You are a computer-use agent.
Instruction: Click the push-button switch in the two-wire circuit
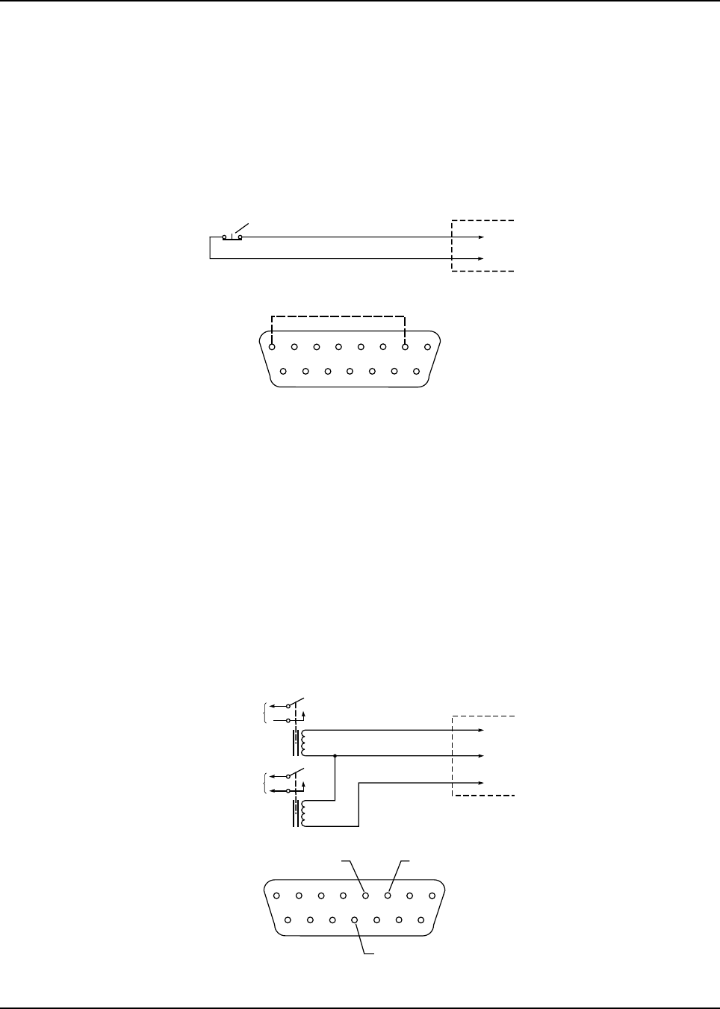[232, 237]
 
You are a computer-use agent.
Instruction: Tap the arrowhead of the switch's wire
[481, 237]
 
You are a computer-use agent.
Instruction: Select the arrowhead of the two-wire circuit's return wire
[481, 259]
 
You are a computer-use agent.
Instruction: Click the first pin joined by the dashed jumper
[272, 346]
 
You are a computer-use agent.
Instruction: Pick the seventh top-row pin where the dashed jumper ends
[405, 346]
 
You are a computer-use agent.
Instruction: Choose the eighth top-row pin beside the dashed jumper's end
[426, 346]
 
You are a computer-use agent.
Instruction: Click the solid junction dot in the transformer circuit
[335, 756]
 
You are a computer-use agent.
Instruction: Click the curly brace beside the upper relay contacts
[267, 713]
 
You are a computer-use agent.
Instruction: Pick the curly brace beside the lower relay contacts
[267, 783]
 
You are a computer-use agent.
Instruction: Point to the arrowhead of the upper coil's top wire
[481, 730]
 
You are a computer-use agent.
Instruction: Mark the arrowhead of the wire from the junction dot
[481, 756]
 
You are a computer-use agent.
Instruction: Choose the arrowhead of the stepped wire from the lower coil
[481, 783]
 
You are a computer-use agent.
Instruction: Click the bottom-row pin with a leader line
[355, 920]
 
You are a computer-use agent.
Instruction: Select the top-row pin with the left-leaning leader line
[365, 896]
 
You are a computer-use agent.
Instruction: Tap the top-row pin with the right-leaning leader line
[388, 896]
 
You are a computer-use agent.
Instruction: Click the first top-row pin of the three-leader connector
[277, 896]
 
